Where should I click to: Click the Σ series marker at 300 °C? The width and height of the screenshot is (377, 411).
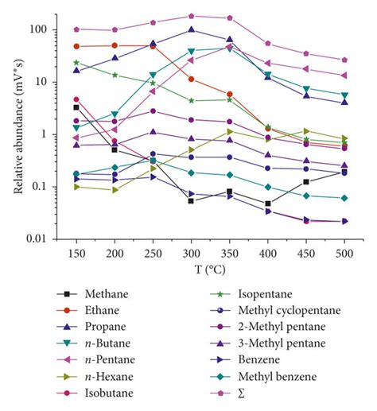click(192, 16)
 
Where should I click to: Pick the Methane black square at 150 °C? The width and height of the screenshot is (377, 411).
click(76, 107)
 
